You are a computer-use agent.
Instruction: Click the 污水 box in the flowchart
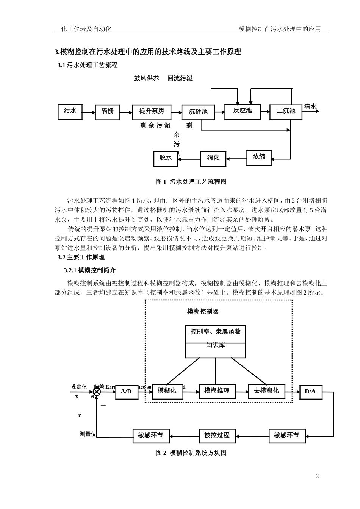(x=70, y=111)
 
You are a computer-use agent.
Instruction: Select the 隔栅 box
(x=107, y=111)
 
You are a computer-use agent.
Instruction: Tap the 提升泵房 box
(x=152, y=112)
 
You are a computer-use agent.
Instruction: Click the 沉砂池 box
(x=198, y=112)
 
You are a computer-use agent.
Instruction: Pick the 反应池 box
(x=243, y=111)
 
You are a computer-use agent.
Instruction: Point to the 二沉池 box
(x=286, y=112)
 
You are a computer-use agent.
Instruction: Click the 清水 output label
(x=310, y=107)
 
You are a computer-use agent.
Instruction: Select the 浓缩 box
(x=259, y=158)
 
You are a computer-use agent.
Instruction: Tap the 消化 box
(x=213, y=158)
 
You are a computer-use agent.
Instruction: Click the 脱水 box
(x=166, y=158)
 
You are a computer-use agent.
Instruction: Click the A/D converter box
(x=127, y=392)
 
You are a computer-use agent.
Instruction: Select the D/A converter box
(x=310, y=392)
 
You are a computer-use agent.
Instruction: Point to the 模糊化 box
(x=167, y=391)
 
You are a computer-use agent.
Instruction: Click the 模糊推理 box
(x=217, y=391)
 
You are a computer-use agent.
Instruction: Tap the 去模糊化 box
(x=266, y=391)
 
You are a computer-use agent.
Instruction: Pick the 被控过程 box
(x=217, y=436)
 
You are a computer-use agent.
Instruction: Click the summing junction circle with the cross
(x=97, y=392)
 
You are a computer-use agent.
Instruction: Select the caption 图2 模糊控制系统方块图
(x=191, y=453)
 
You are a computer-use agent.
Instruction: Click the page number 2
(x=318, y=476)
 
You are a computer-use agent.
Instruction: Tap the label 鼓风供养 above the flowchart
(x=147, y=78)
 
